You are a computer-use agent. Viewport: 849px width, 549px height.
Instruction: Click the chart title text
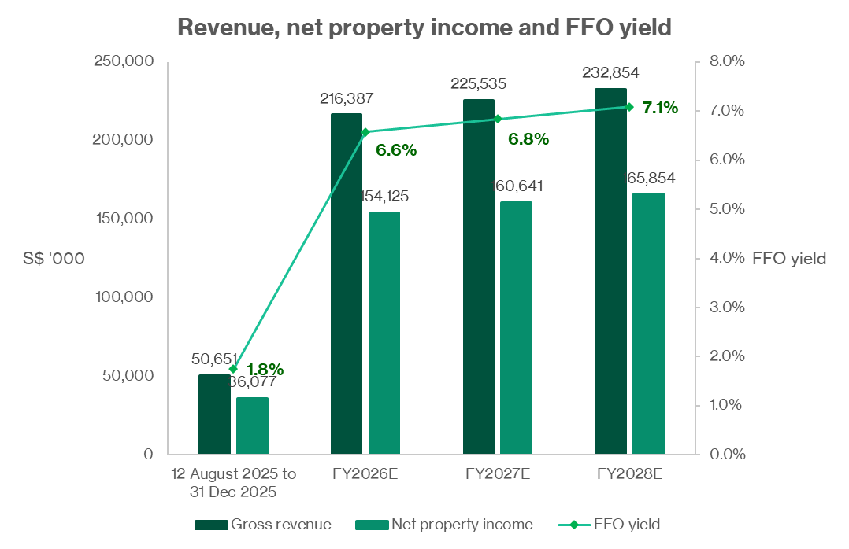(424, 27)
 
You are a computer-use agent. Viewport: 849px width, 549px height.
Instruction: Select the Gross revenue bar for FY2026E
(347, 283)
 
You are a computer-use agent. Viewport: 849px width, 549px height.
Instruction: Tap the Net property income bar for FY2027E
(516, 327)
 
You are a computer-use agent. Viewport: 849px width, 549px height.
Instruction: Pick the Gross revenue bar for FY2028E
(610, 271)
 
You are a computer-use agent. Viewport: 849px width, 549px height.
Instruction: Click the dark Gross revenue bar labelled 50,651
(214, 415)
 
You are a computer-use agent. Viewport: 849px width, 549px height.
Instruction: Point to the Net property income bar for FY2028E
(648, 323)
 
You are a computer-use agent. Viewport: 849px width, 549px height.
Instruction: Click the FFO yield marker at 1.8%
(233, 368)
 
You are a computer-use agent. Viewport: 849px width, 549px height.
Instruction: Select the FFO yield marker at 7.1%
(628, 106)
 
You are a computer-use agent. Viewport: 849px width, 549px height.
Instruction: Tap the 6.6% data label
(395, 150)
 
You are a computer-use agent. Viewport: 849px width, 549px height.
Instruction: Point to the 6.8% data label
(528, 139)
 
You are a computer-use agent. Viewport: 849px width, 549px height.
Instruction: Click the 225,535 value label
(478, 83)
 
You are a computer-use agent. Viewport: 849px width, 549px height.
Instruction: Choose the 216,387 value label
(347, 98)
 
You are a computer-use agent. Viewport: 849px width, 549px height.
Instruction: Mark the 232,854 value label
(610, 72)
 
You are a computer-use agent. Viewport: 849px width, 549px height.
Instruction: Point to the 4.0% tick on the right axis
(720, 258)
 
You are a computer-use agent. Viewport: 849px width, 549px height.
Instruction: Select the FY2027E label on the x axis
(497, 474)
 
